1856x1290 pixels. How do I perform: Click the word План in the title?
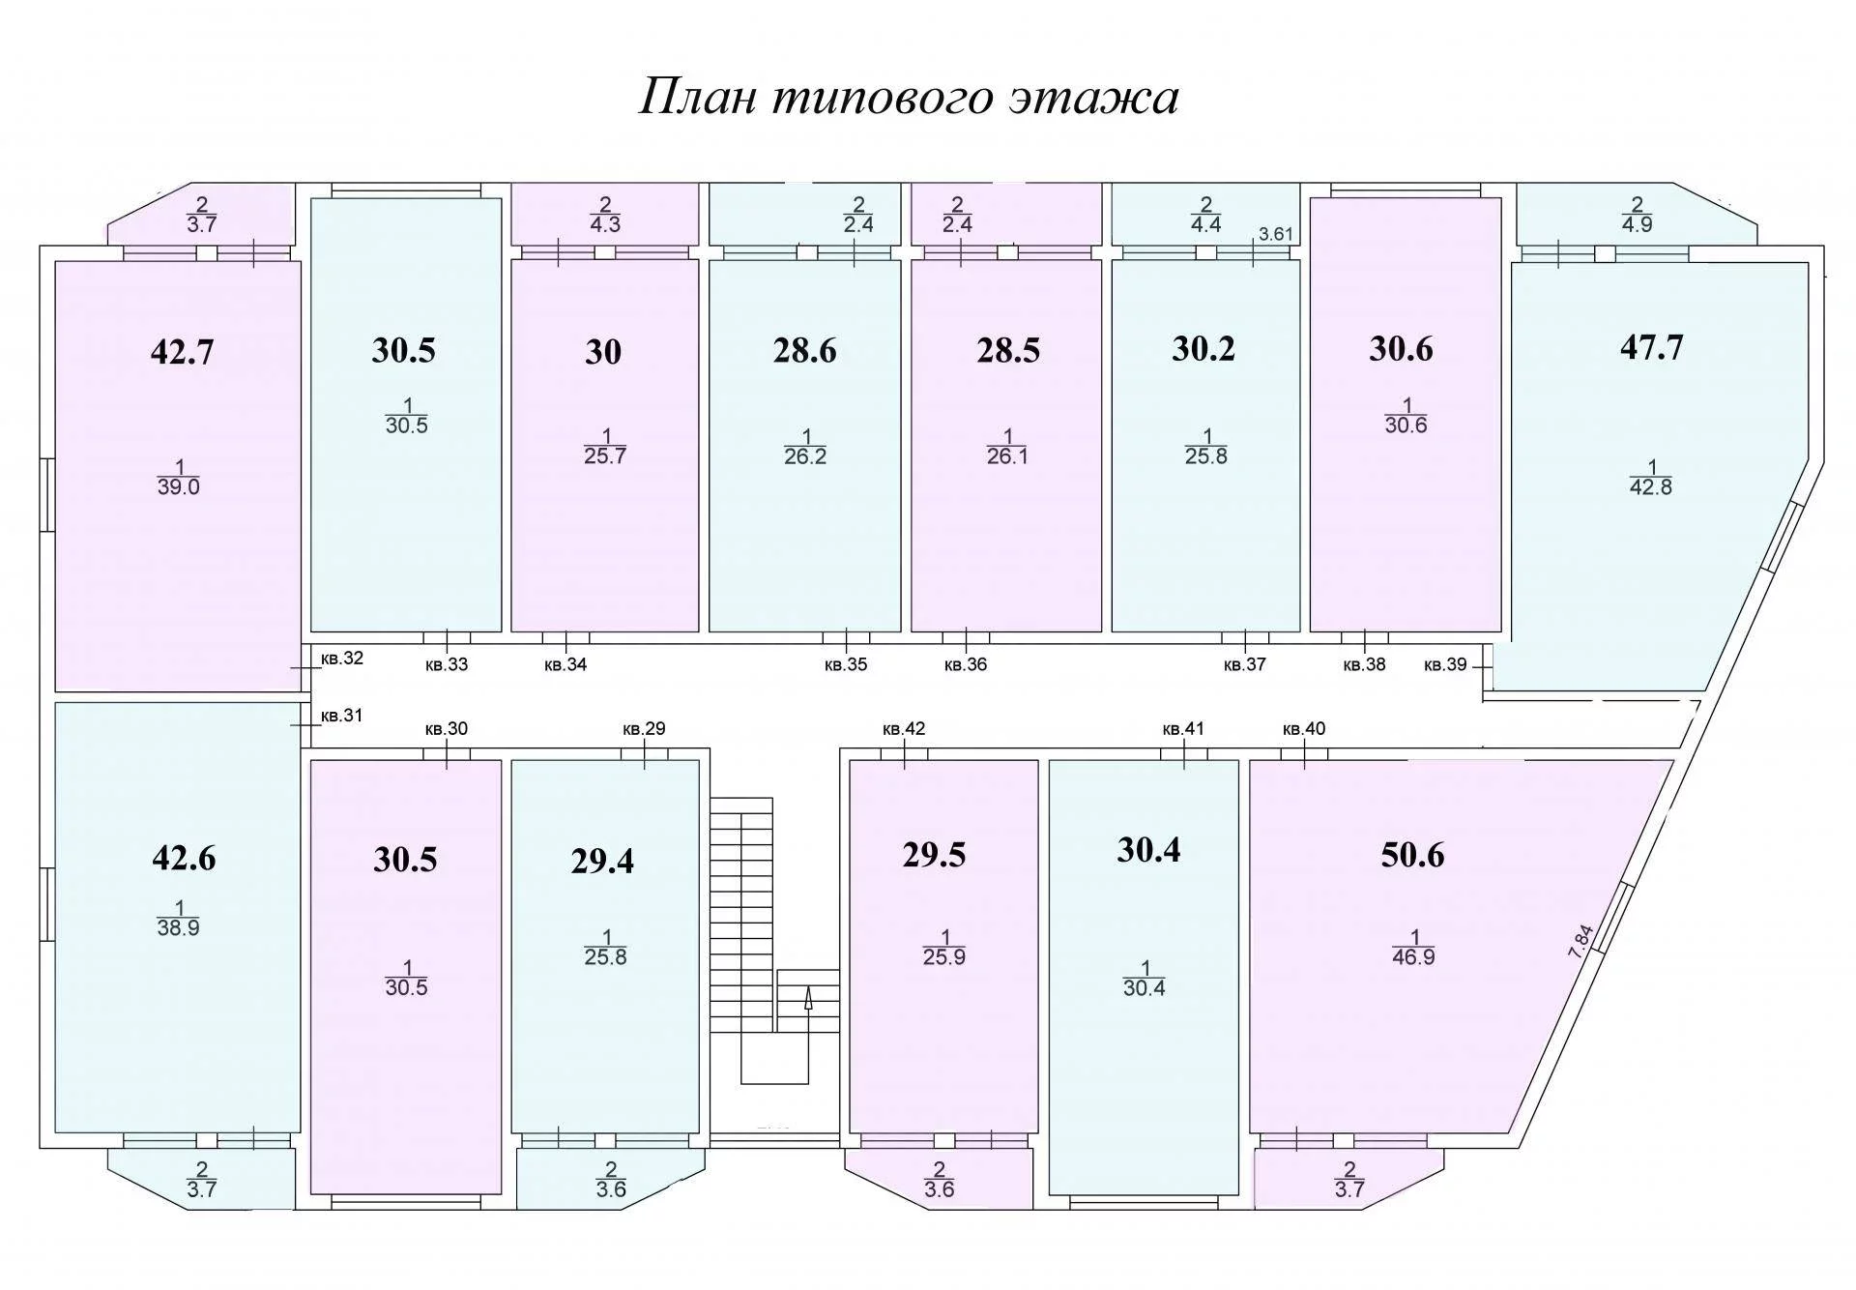pos(697,98)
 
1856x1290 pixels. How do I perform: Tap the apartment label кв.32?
pos(342,659)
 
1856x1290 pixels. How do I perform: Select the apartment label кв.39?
pos(1445,664)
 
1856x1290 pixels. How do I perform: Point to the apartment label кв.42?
pos(904,728)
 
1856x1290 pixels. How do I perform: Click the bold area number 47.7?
pos(1651,347)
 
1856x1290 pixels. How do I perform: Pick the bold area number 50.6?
pos(1412,855)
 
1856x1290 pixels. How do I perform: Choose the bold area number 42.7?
pos(182,352)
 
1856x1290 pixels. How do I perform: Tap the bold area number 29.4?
pos(602,860)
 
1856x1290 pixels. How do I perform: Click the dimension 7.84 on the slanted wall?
pos(1579,942)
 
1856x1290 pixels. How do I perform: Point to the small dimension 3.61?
pos(1275,235)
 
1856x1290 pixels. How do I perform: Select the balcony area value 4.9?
pos(1638,224)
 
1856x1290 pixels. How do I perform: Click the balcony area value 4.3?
pos(605,224)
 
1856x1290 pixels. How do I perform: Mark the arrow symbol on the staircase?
pos(808,999)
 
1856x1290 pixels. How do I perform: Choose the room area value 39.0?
pos(178,487)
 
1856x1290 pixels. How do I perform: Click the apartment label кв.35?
pos(846,664)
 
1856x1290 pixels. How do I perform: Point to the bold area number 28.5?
pos(1008,350)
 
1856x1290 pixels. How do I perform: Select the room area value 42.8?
pos(1651,487)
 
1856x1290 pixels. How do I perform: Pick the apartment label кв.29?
pos(644,728)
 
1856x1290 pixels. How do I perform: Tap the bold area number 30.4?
pos(1148,850)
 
